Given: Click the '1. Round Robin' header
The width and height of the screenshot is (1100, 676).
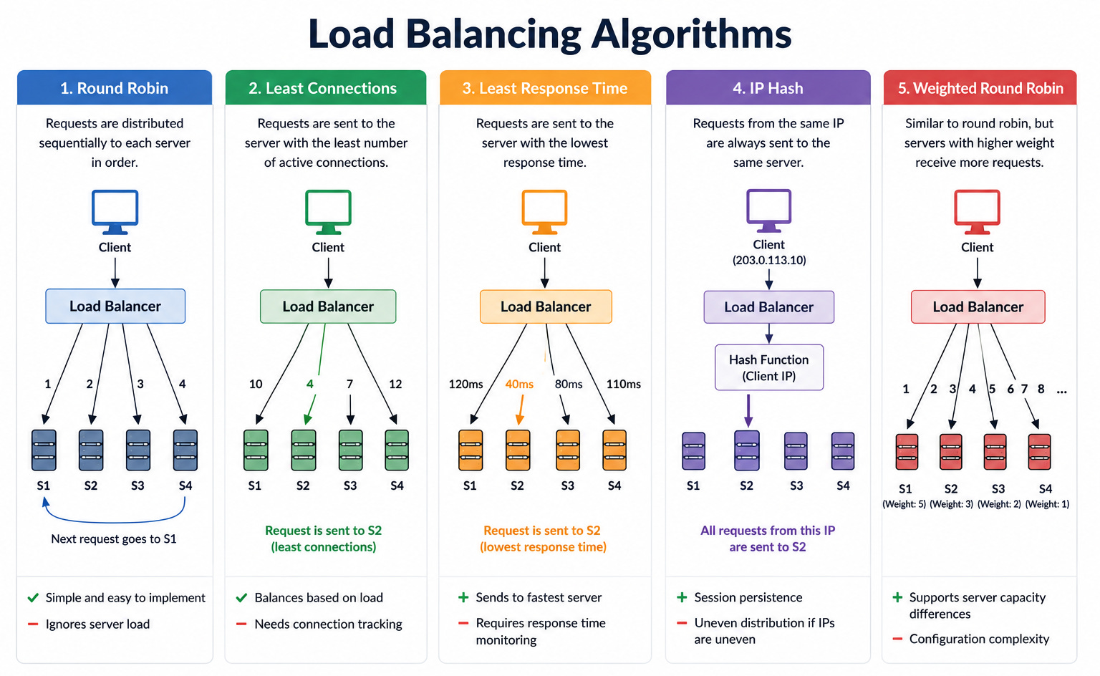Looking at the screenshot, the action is click(x=115, y=88).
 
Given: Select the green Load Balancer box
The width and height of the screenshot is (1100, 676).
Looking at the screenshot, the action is click(x=328, y=306).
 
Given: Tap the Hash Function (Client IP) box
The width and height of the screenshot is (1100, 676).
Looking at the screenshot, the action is click(x=769, y=367).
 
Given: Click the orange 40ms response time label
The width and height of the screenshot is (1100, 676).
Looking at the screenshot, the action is click(x=519, y=384).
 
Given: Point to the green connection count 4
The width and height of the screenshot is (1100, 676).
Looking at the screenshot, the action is click(x=310, y=384).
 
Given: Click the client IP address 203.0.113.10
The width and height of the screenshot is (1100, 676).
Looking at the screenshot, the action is click(x=769, y=260).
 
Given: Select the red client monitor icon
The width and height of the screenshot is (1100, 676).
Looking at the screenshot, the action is click(x=978, y=212).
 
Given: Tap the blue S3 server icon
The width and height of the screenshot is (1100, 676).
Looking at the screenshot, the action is click(x=138, y=450).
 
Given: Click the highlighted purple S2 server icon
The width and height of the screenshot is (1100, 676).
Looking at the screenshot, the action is click(x=746, y=450).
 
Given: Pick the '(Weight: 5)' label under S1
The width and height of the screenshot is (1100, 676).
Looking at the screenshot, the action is click(x=904, y=504).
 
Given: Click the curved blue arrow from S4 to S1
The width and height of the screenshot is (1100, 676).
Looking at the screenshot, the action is click(x=115, y=521).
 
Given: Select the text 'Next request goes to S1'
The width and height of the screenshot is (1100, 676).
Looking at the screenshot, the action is click(x=114, y=539).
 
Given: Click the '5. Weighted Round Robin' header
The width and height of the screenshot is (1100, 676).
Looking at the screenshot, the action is click(x=980, y=88).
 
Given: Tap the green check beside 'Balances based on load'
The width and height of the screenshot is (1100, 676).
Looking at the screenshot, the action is click(x=241, y=598).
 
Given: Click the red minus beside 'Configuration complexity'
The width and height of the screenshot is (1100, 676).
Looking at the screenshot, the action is click(x=897, y=639).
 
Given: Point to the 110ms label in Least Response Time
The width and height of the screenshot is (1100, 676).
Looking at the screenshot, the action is click(x=623, y=384).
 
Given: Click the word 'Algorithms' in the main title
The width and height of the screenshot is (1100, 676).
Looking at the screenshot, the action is click(x=691, y=34).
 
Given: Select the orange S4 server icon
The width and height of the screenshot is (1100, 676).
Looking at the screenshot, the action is click(x=614, y=450).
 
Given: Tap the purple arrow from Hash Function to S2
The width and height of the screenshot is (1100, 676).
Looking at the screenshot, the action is click(x=748, y=410).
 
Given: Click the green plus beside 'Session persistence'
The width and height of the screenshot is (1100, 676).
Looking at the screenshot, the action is click(x=682, y=597).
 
